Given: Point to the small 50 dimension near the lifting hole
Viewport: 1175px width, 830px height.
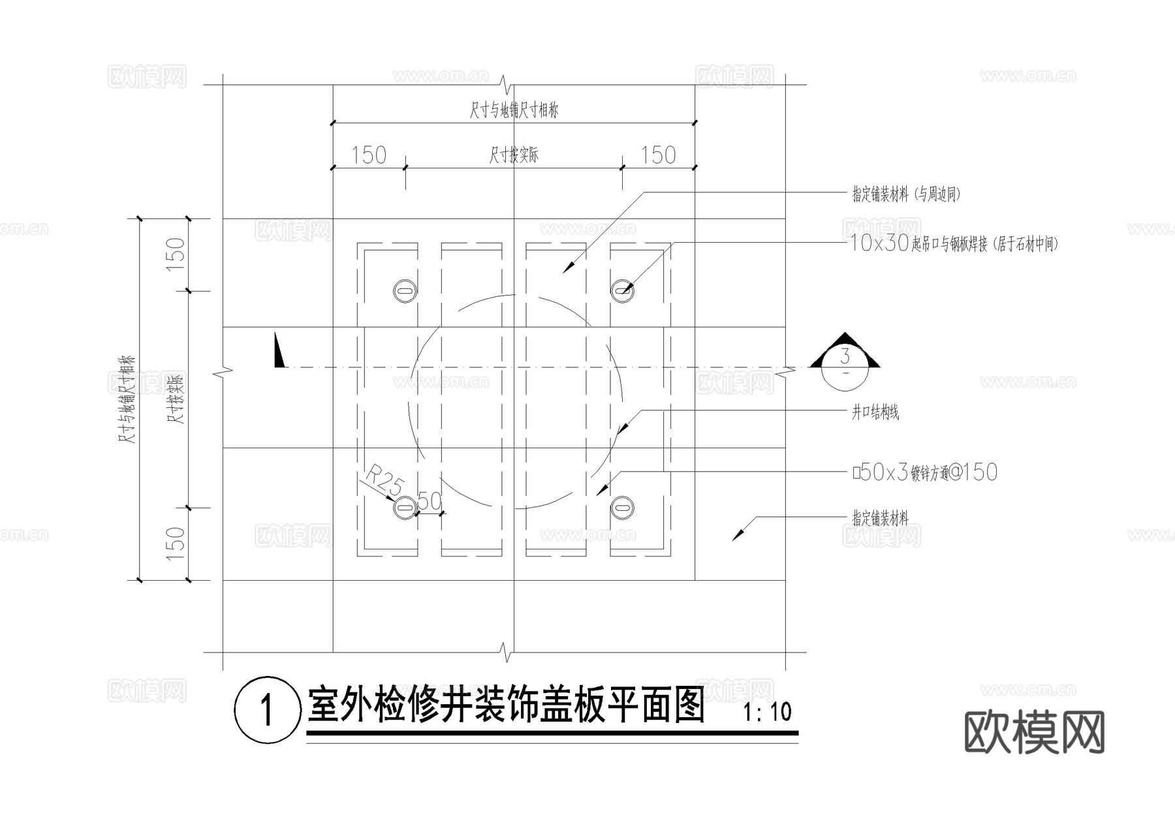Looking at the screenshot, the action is [430, 502].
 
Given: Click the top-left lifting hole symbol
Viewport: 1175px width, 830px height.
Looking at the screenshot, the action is [405, 289].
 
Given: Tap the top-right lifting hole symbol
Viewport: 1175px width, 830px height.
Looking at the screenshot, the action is [623, 289].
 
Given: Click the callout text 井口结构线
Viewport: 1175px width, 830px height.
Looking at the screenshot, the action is [875, 412].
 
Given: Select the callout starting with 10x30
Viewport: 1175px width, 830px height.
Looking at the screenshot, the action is [953, 244].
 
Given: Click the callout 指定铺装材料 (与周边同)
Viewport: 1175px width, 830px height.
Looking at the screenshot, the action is [906, 194].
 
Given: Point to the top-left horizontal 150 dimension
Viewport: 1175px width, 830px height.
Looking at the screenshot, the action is [369, 155].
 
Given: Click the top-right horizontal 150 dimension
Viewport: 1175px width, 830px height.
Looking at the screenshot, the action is [658, 155].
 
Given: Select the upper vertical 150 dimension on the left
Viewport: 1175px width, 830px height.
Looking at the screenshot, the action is [176, 254].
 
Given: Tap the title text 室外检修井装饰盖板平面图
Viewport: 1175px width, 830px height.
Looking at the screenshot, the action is [506, 705].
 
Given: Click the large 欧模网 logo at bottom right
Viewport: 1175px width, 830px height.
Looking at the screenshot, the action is [1034, 732].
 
